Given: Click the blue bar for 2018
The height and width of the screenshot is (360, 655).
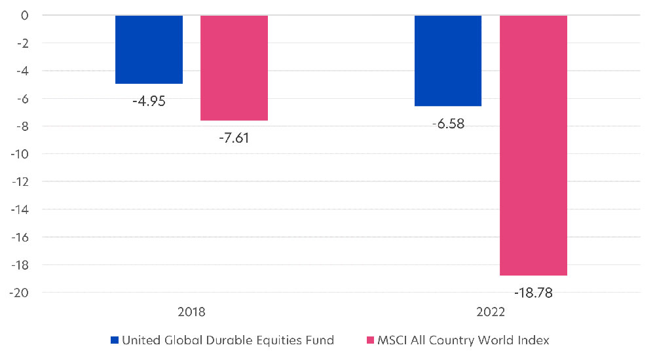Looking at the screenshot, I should (x=149, y=49).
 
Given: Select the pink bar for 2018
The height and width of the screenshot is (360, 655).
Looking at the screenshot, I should (x=234, y=67).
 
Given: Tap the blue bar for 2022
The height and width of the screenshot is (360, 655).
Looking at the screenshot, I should (x=448, y=60).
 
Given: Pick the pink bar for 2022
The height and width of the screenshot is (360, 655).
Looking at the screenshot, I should (x=533, y=145).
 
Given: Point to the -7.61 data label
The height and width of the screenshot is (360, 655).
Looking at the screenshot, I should (x=234, y=138).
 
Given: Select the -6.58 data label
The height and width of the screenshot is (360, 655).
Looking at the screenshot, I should (x=448, y=124).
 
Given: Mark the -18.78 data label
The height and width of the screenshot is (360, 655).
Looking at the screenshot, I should (x=533, y=293).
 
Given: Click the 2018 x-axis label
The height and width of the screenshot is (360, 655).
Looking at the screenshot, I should (x=191, y=312).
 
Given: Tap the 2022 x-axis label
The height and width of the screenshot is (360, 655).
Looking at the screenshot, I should (x=491, y=312).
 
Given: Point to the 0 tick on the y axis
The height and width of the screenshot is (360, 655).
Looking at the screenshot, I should (x=24, y=14).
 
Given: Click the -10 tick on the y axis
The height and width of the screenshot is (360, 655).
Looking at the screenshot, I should (x=20, y=154).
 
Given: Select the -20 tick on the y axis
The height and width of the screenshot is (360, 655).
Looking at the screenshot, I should (x=20, y=293).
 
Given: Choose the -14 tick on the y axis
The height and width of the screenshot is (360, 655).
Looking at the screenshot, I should (x=20, y=209).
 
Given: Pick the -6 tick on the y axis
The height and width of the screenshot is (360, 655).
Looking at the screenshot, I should (x=21, y=98).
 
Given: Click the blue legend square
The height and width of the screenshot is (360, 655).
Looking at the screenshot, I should (x=115, y=340).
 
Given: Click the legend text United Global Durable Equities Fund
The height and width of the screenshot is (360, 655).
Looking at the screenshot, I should (x=229, y=340).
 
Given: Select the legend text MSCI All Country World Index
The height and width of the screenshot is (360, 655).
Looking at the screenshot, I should (x=462, y=340).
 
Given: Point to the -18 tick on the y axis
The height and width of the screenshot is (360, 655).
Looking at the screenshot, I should (x=20, y=265).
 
